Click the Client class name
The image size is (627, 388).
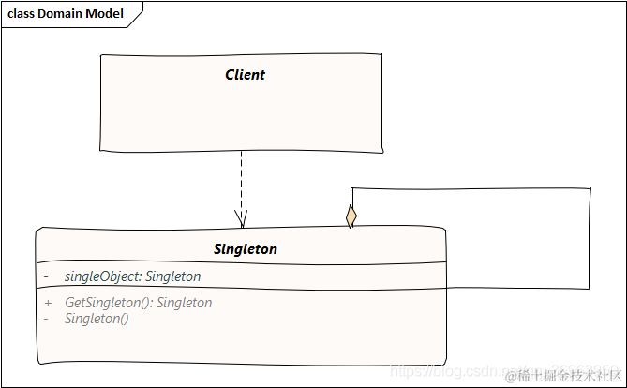pyautogui.click(x=245, y=75)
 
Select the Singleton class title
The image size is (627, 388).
pyautogui.click(x=246, y=249)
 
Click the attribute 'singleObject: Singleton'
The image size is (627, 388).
pyautogui.click(x=132, y=276)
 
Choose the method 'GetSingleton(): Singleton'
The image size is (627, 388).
pyautogui.click(x=138, y=303)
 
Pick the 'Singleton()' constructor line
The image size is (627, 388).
pyautogui.click(x=97, y=319)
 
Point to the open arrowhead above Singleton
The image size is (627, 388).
pyautogui.click(x=241, y=219)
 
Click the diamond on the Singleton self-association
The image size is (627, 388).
pyautogui.click(x=351, y=216)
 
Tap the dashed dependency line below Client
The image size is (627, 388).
pyautogui.click(x=241, y=183)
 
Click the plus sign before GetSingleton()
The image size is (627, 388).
pyautogui.click(x=47, y=303)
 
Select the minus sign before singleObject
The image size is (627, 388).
pyautogui.click(x=47, y=276)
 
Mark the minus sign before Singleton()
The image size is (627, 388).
pyautogui.click(x=47, y=319)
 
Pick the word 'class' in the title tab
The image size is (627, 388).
pyautogui.click(x=22, y=14)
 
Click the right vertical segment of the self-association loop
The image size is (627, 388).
pyautogui.click(x=590, y=239)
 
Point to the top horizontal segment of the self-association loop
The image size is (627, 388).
pyautogui.click(x=469, y=188)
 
